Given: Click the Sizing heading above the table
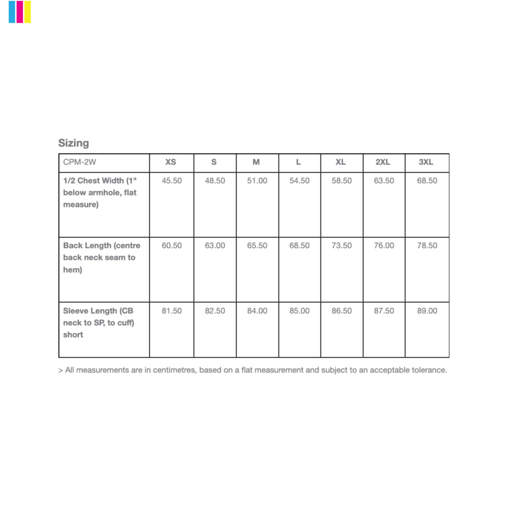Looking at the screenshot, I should point(73,143).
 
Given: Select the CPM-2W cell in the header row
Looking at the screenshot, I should point(80,162).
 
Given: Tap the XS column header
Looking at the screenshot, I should point(171,162).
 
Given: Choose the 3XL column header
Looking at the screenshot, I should point(426,162).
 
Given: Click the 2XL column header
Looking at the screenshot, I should point(382,162).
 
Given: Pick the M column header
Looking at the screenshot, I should point(256,162).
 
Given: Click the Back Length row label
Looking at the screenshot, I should point(102,257).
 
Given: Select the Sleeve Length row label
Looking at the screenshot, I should point(98,322).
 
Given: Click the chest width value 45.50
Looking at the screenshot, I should point(172,181).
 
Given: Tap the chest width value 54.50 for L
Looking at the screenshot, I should point(299,181).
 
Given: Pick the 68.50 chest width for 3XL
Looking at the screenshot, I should point(427,181).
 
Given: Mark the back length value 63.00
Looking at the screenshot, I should point(215,246).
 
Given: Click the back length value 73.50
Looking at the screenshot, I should point(342,246).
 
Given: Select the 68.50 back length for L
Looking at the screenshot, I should point(299,246).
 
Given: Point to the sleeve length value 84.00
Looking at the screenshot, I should point(257,311).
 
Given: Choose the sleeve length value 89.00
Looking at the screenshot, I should point(427,311).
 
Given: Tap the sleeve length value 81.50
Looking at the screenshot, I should point(172,311).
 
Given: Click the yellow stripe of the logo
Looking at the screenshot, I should point(28,12).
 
